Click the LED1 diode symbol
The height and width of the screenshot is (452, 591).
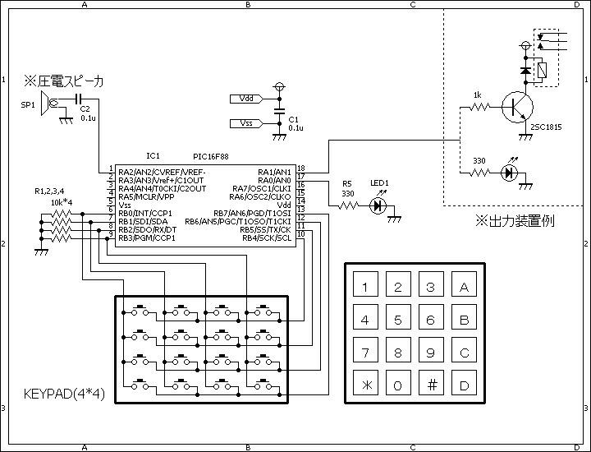point(378,205)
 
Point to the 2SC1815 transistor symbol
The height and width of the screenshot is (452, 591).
point(517,107)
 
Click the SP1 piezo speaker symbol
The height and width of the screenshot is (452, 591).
point(48,103)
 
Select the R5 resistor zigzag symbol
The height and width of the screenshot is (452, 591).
point(349,205)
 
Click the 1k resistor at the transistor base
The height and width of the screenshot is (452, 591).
point(479,107)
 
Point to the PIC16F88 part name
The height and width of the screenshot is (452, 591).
point(211,157)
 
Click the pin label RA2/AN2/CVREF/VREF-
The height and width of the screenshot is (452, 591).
point(162,173)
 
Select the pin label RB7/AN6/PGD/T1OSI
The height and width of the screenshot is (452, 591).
point(252,214)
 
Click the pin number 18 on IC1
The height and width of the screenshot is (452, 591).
point(300,168)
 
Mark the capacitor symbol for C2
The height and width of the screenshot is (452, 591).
point(79,99)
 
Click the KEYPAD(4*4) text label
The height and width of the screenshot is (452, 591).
point(64,394)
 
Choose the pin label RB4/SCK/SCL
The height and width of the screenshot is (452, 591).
point(267,238)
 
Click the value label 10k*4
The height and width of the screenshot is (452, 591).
point(62,203)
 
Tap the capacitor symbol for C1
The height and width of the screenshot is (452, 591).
point(279,111)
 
